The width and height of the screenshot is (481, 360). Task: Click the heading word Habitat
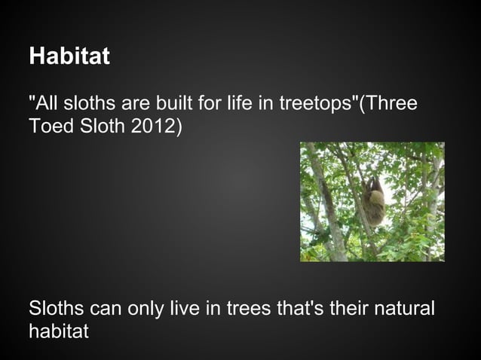(x=69, y=57)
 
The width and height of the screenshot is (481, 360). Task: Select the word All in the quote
(x=45, y=103)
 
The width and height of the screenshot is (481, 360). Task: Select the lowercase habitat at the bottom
(x=58, y=331)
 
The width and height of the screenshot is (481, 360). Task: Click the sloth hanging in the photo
(x=374, y=202)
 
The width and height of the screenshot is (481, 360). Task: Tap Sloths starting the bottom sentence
(x=57, y=310)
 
